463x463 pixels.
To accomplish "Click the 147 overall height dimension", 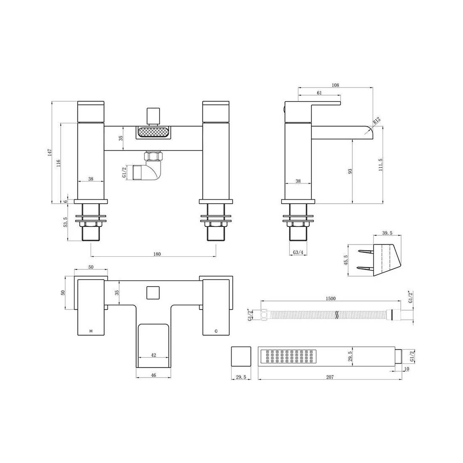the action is pos(50,152).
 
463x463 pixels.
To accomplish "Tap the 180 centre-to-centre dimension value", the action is pos(157,254).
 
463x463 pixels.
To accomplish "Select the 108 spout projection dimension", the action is pos(335,85).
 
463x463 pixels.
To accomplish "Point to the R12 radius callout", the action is pos(376,121).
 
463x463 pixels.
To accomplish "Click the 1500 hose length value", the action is pos(331,298).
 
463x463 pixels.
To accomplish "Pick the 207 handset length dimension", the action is pos(330,377).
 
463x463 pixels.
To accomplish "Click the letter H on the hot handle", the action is pos(91,331).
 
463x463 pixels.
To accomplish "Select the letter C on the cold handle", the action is pos(216,331).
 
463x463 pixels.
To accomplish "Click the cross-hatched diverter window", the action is pos(153,132).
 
